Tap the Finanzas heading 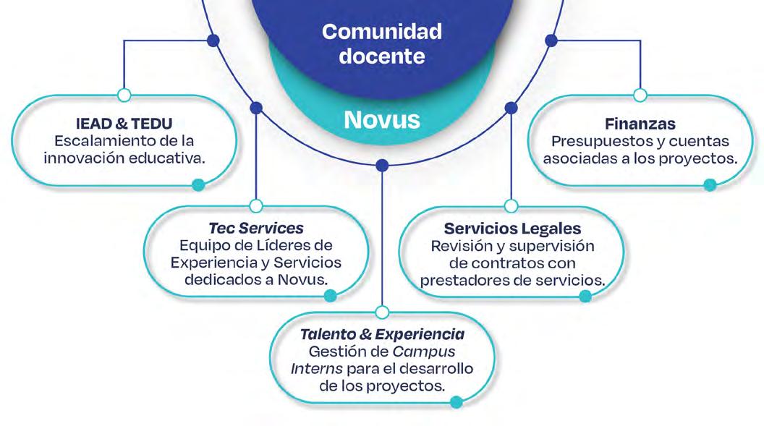pos(640,124)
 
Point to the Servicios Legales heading pos(512,229)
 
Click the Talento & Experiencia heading pos(382,335)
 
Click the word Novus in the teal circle pos(381,119)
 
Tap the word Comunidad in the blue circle pos(381,33)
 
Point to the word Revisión pos(462,246)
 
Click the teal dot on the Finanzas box pos(710,185)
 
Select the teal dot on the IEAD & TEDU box pos(198,185)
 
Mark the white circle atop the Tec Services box pos(255,206)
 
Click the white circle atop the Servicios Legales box pos(511,206)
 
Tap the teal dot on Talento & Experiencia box pos(456,402)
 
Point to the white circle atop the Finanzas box pos(640,95)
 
